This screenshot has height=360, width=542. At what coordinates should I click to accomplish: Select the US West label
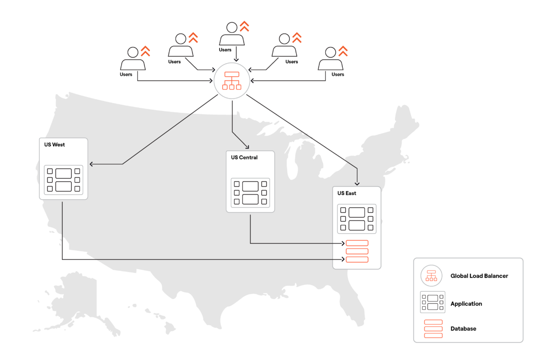[x=55, y=145]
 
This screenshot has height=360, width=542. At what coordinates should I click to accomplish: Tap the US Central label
[x=244, y=158]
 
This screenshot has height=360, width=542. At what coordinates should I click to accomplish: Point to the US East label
[x=347, y=193]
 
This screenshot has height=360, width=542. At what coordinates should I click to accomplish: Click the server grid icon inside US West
[x=64, y=180]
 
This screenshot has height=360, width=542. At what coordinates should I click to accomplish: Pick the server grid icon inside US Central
[x=250, y=193]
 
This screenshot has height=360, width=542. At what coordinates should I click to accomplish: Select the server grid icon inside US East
[x=357, y=219]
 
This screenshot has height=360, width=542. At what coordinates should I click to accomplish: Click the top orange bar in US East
[x=357, y=243]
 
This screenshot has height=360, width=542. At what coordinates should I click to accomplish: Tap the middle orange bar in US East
[x=357, y=251]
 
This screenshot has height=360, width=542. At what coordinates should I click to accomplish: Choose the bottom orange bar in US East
[x=357, y=259]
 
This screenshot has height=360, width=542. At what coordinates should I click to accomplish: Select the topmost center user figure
[x=232, y=34]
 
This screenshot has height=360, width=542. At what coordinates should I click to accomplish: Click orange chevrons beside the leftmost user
[x=145, y=51]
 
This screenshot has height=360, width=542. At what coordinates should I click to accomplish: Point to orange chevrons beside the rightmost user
[x=343, y=51]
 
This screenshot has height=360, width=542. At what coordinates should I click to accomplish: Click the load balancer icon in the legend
[x=431, y=276]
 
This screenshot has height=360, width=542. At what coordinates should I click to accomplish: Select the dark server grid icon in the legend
[x=433, y=302]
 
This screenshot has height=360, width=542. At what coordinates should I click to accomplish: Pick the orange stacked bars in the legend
[x=433, y=329]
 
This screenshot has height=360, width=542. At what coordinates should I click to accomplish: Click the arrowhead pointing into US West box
[x=91, y=164]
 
